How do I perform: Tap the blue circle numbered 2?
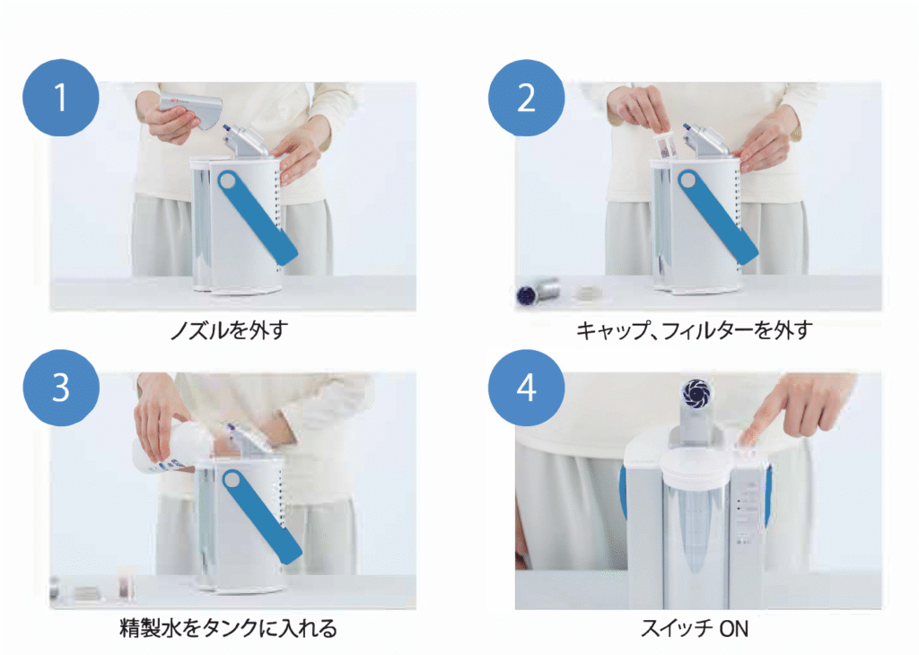pos(526,98)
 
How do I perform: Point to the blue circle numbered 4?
pos(526,387)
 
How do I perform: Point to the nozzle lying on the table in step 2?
pos(539,291)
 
